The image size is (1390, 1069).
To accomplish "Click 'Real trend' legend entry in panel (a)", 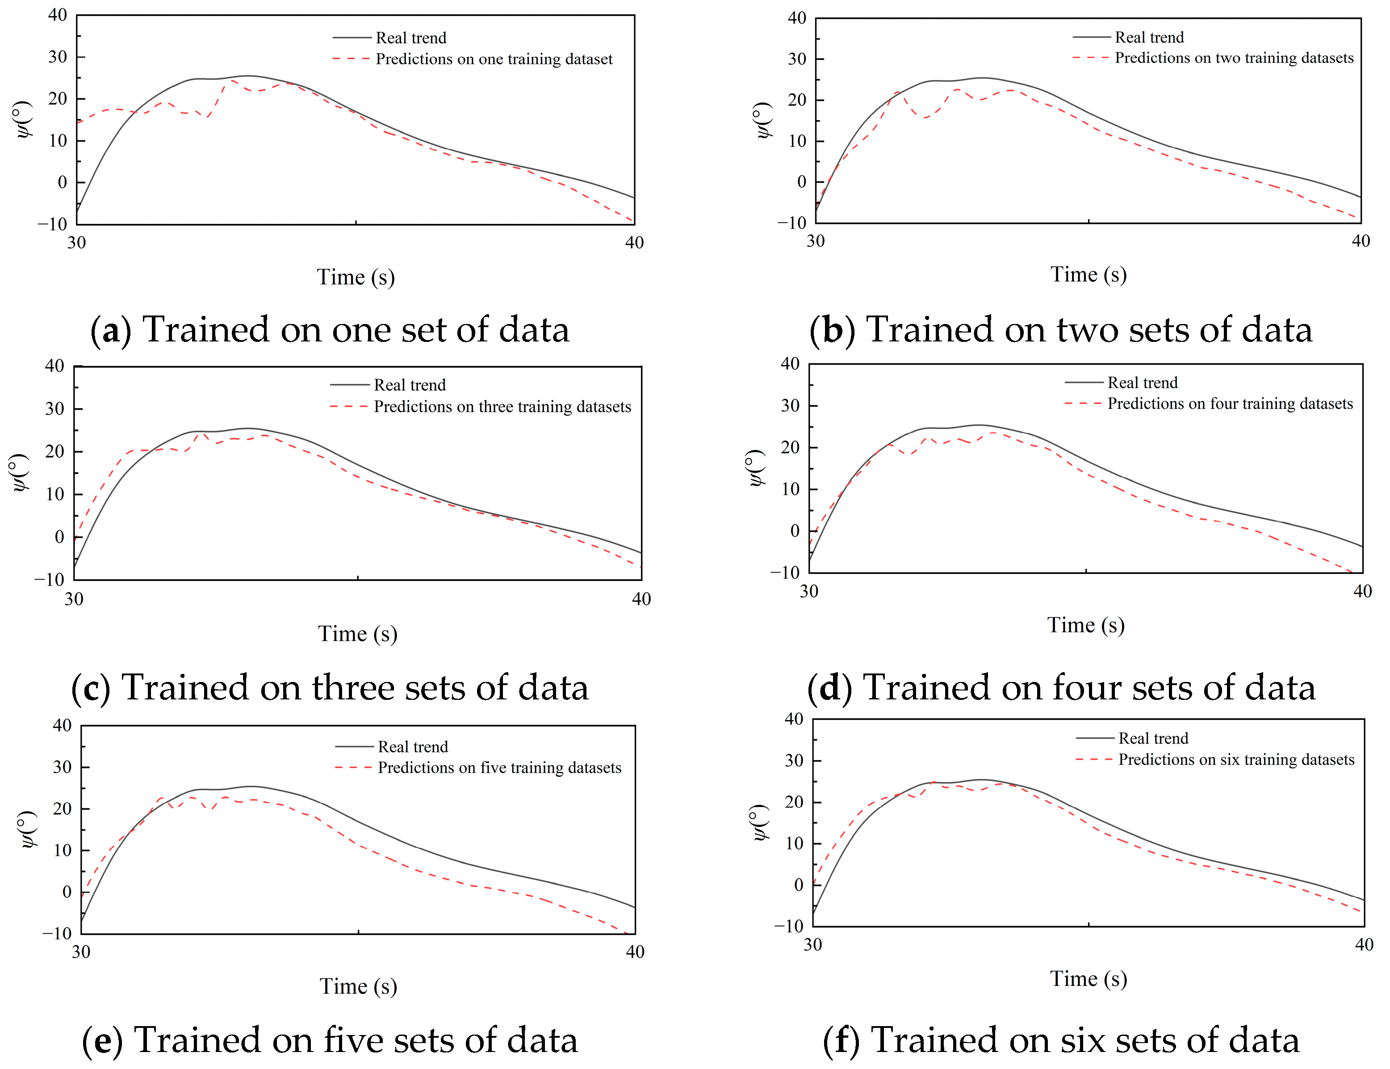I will [x=411, y=38].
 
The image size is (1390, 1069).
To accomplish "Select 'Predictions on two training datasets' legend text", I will [x=1234, y=58].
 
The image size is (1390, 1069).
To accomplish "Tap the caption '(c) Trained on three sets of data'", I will [x=329, y=688].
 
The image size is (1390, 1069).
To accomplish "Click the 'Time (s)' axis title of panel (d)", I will [x=1085, y=625].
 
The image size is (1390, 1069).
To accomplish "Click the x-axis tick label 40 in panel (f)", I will [x=1364, y=944].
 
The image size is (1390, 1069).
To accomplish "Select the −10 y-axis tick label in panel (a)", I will [x=52, y=224].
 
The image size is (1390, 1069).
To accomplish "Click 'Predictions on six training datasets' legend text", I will [x=1236, y=760].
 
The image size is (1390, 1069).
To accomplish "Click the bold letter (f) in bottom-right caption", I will [x=841, y=1040].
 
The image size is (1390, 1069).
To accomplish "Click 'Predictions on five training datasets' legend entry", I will [x=499, y=768].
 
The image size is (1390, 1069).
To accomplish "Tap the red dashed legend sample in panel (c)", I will [x=348, y=406].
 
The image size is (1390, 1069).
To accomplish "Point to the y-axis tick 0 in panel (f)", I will [x=798, y=884].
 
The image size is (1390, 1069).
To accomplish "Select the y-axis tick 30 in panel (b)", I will [x=797, y=59].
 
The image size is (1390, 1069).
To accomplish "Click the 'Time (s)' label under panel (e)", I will [x=358, y=986].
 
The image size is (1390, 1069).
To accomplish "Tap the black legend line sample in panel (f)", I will [x=1094, y=739].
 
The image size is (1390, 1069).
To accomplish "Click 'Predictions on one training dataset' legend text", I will [x=494, y=59].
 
